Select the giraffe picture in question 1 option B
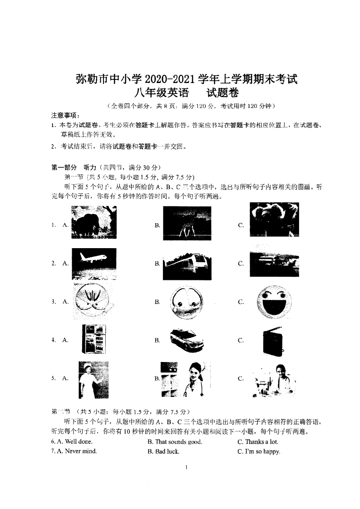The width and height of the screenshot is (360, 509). point(187,223)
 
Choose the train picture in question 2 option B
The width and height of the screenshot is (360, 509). point(187,264)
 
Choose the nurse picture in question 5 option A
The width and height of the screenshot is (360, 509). point(93,379)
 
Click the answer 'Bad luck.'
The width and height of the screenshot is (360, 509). point(167,451)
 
